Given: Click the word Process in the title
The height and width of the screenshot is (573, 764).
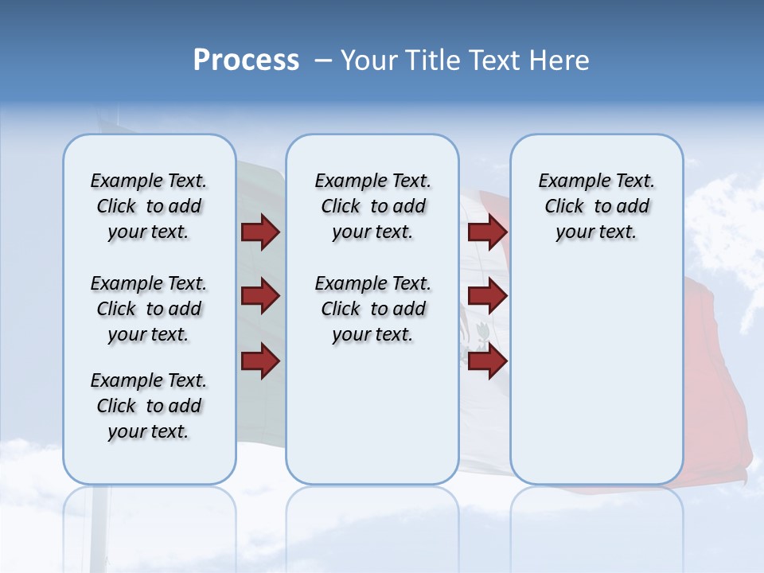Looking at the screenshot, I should [x=246, y=60].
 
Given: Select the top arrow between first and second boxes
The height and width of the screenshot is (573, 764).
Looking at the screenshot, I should [x=260, y=232].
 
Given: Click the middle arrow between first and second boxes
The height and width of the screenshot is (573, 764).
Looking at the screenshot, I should [x=260, y=296].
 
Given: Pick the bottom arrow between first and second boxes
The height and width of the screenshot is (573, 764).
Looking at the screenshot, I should [x=260, y=361].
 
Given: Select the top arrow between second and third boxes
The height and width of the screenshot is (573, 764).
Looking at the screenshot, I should [x=487, y=232].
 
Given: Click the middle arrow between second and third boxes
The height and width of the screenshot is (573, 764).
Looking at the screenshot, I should [x=487, y=296].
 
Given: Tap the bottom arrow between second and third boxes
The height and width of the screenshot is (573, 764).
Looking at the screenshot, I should [x=487, y=361].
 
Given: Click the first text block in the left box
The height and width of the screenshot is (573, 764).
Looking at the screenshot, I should [x=149, y=206].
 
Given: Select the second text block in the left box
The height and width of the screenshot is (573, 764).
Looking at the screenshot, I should [x=149, y=309].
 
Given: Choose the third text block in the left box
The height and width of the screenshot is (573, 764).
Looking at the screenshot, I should [x=149, y=406].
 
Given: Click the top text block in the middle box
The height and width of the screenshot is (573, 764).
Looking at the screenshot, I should [x=372, y=206].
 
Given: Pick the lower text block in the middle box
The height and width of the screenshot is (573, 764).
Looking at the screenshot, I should [x=372, y=309].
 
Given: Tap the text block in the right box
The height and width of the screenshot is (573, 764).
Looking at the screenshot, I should [x=596, y=206].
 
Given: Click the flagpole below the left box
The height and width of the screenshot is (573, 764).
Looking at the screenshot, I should [x=99, y=525].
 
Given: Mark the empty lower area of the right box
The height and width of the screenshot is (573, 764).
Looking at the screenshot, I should [x=596, y=374].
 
